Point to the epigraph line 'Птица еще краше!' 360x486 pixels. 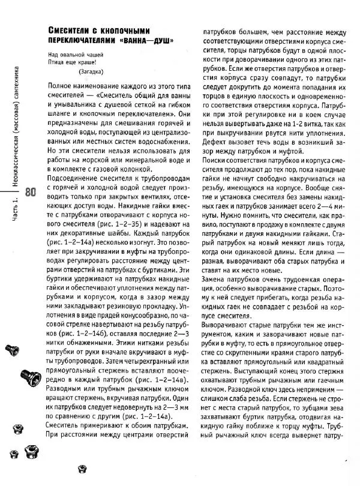point(70,62)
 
